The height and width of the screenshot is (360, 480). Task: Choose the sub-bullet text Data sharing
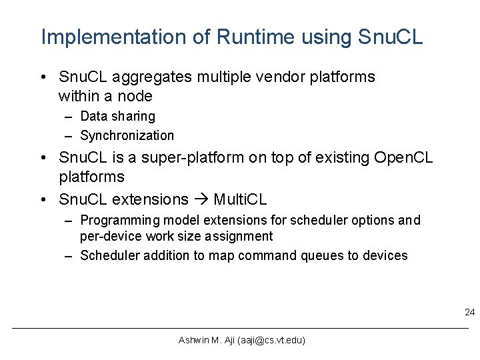(x=117, y=117)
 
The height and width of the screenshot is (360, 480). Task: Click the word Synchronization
(x=127, y=136)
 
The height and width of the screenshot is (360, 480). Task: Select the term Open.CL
(x=405, y=159)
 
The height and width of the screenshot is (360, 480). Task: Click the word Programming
(x=111, y=221)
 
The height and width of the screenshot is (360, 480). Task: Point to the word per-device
(x=107, y=237)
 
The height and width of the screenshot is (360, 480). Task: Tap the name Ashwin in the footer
(x=193, y=341)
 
